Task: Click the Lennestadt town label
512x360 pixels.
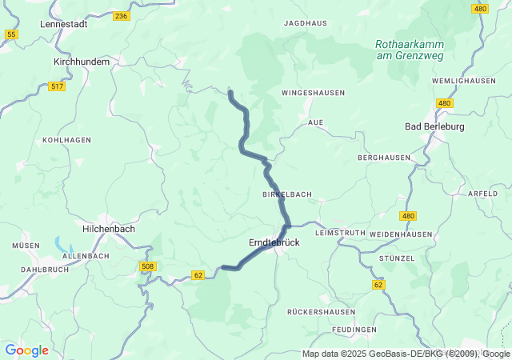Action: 63,24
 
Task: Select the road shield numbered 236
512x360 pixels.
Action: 121,16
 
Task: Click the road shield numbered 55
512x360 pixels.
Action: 11,34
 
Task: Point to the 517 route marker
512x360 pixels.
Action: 57,86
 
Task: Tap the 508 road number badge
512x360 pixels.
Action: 147,266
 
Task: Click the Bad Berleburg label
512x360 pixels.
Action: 434,126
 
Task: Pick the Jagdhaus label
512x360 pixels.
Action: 306,24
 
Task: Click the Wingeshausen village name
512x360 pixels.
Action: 313,94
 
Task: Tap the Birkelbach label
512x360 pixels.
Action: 286,194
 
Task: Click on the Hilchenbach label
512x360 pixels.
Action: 109,228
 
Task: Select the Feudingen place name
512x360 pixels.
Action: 354,330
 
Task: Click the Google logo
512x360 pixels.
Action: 26,350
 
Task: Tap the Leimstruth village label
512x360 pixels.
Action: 340,233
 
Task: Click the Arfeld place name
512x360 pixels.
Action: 482,194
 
